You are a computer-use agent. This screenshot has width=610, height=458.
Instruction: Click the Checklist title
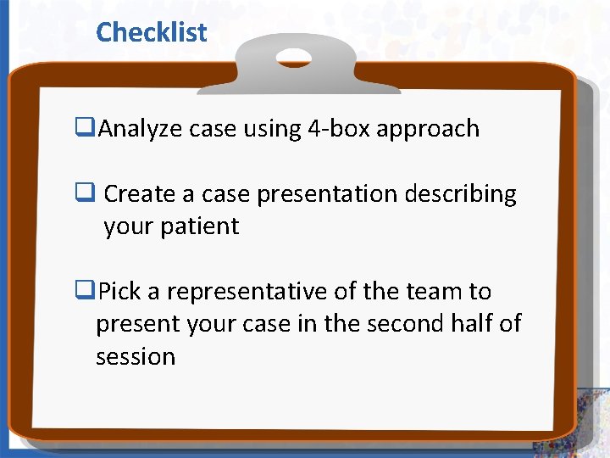click(151, 32)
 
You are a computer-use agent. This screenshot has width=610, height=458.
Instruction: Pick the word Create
click(140, 194)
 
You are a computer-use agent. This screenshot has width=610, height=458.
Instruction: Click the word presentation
click(327, 194)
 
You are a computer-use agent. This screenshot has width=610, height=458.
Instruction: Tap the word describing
click(461, 194)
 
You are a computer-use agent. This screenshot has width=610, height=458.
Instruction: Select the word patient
click(201, 227)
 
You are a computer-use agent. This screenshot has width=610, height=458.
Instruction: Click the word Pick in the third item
click(119, 292)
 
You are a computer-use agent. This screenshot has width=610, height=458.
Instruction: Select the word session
click(136, 357)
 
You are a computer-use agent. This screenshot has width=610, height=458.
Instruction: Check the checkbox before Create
click(85, 194)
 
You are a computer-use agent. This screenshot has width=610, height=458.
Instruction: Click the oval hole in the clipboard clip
click(293, 58)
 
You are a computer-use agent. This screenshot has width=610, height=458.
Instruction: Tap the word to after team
click(480, 292)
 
